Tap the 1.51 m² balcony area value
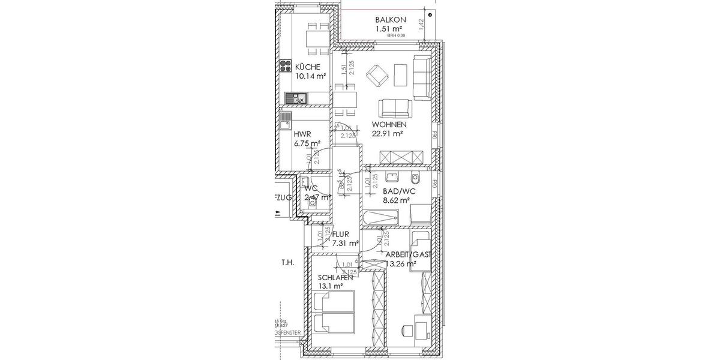pos(388,28)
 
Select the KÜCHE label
pos(307,67)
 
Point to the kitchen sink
pos(296,97)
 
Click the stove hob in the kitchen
pos(284,65)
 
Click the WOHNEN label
pos(388,124)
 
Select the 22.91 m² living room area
pos(387,134)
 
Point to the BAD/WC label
pos(399,191)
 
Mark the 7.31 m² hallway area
pos(345,244)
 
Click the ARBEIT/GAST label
pos(409,254)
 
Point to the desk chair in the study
pos(406,329)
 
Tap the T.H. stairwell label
pos(286,263)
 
